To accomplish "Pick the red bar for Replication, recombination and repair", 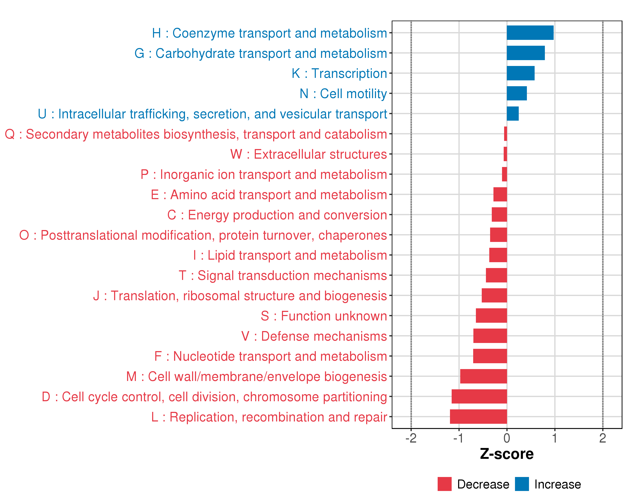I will [x=478, y=416].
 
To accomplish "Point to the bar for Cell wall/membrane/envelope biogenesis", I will [x=483, y=376].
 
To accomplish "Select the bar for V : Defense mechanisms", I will [x=490, y=336].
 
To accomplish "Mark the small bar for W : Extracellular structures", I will [x=505, y=154].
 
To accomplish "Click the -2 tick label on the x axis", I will [x=411, y=438].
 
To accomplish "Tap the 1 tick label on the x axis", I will [x=555, y=438].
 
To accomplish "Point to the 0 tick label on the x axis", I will [x=507, y=438].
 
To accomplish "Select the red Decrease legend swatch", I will [x=444, y=484].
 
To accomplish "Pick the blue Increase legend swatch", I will [x=522, y=484].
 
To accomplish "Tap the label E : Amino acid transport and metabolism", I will [x=269, y=195].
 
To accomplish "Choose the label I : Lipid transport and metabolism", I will [x=290, y=255].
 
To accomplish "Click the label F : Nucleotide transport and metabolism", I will [x=270, y=356].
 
